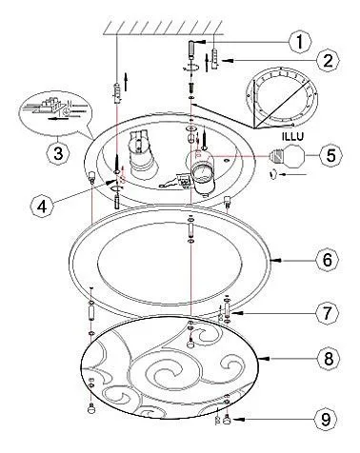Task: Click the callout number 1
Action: tap(300, 42)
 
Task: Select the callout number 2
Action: tap(328, 60)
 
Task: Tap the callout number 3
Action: tap(58, 154)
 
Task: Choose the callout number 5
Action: tap(330, 155)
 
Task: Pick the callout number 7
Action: tap(328, 313)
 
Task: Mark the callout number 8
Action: tap(328, 359)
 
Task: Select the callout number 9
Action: tap(326, 420)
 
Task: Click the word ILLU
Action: tap(292, 136)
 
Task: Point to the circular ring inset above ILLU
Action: tap(282, 98)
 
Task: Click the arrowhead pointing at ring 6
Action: tap(275, 261)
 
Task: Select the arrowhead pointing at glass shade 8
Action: tap(265, 359)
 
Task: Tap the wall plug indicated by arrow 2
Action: tap(214, 59)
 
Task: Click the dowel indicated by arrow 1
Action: tap(191, 49)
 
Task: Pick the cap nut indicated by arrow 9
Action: tap(228, 420)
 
